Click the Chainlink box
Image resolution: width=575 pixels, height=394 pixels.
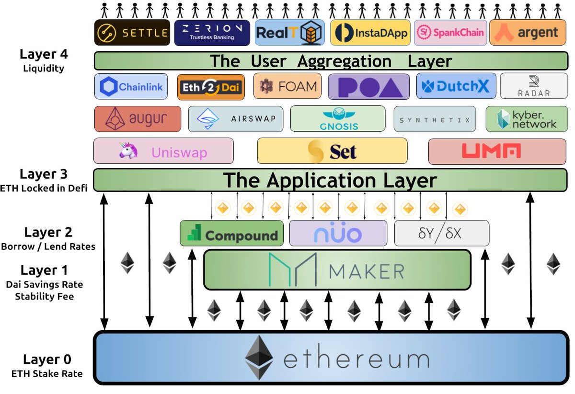(x=131, y=87)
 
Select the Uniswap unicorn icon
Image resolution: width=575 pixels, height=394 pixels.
(x=128, y=151)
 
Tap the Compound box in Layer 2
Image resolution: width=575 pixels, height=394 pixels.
(x=232, y=233)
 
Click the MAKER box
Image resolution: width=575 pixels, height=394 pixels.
(x=337, y=269)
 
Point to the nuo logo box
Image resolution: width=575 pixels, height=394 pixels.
(x=338, y=233)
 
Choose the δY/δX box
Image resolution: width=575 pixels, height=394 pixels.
(x=441, y=233)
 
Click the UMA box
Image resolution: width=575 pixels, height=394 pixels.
(x=497, y=151)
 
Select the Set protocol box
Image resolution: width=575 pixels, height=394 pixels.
(x=332, y=151)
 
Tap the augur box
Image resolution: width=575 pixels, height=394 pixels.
(x=138, y=119)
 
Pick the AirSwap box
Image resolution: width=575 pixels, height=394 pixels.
(x=236, y=119)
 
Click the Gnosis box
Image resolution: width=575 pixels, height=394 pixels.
(x=337, y=119)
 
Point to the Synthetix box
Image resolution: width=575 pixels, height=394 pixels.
(x=435, y=119)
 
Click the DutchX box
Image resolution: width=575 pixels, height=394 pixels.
(x=455, y=87)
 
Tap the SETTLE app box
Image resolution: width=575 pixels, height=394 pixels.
(x=132, y=33)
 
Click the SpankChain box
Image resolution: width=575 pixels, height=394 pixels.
(x=450, y=33)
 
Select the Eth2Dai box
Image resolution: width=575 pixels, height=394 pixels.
(x=211, y=87)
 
